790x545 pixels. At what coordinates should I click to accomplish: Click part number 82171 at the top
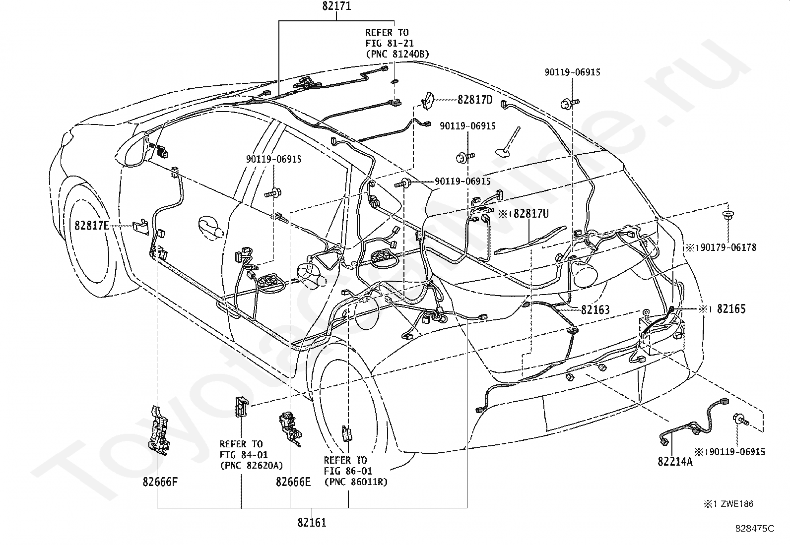coord(336,6)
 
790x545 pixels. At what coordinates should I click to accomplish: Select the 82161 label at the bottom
coord(312,523)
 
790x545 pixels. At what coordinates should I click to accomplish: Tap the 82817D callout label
coord(475,100)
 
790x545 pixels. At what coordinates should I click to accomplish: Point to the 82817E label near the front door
coord(92,225)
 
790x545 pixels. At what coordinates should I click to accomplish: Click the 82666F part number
coord(160,482)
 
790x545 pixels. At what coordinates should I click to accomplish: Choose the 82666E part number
coord(293,482)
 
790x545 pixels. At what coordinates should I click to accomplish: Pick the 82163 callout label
coord(595,309)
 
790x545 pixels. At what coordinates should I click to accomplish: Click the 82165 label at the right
coord(731,309)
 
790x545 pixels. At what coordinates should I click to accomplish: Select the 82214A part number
coord(675,462)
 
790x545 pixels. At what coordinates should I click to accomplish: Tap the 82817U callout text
coord(531,213)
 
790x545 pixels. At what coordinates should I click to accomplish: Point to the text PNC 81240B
coord(399,54)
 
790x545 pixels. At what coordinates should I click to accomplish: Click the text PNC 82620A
coord(253,465)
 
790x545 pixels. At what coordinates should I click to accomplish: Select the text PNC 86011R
coord(357,482)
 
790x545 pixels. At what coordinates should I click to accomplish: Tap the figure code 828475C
coord(755,529)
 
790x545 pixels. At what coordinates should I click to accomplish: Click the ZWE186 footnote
coord(737,504)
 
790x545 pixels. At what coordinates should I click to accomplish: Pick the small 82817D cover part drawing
coord(428,101)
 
